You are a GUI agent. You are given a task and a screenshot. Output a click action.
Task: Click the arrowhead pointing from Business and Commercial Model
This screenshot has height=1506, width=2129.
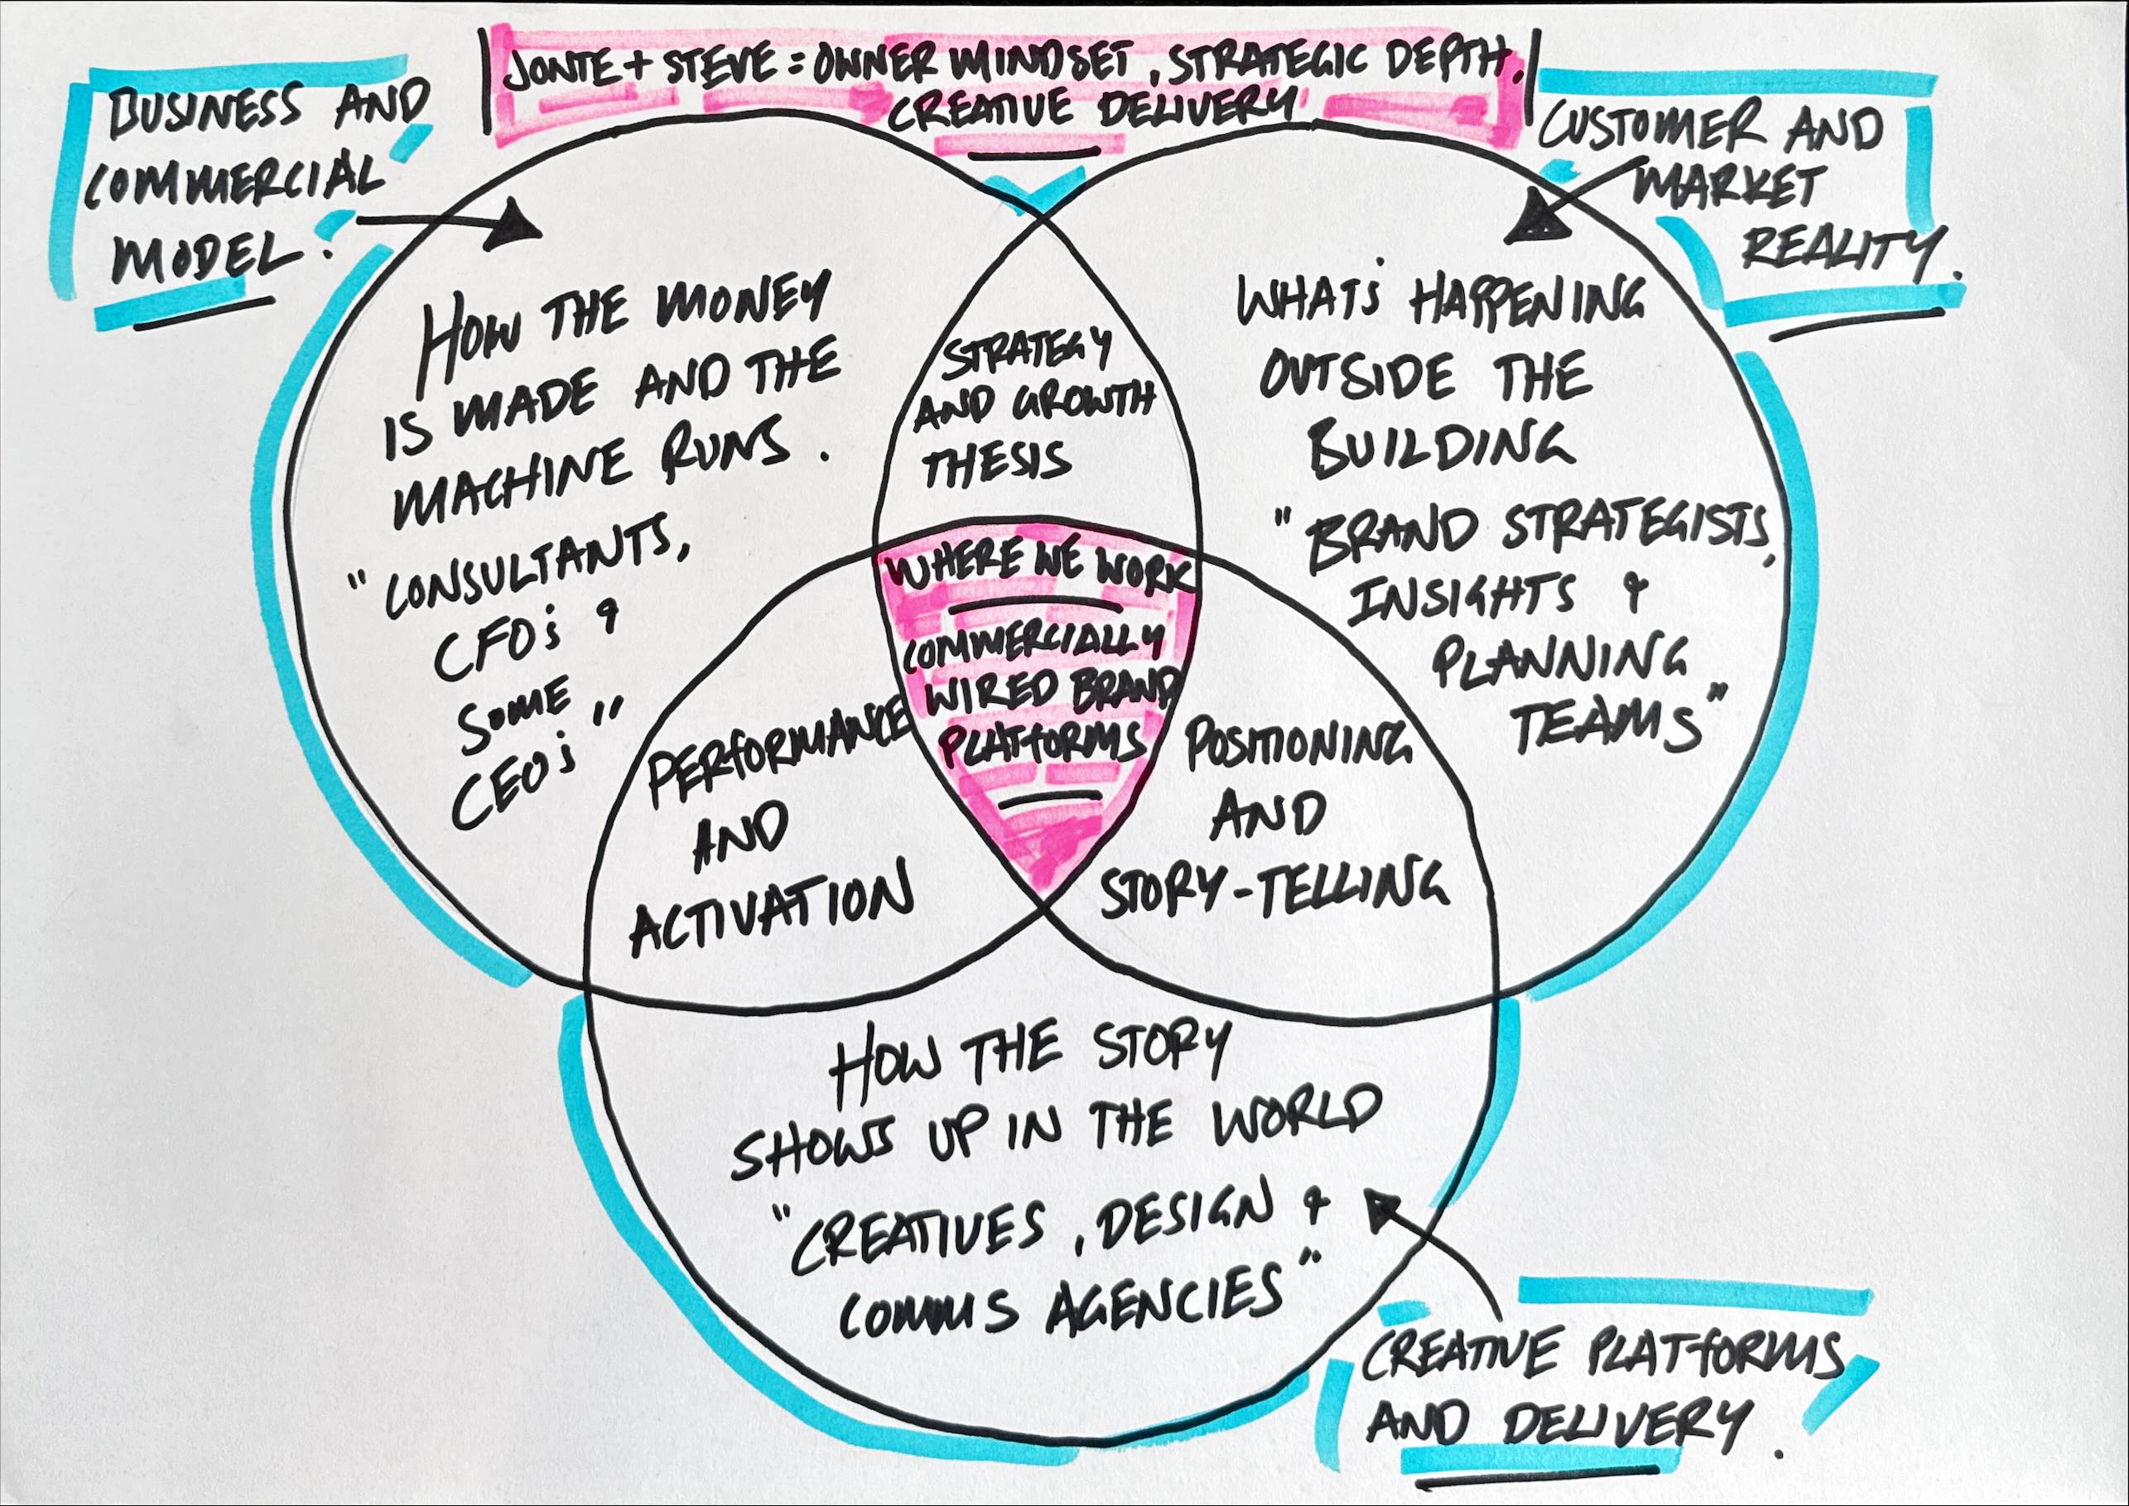click(518, 229)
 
